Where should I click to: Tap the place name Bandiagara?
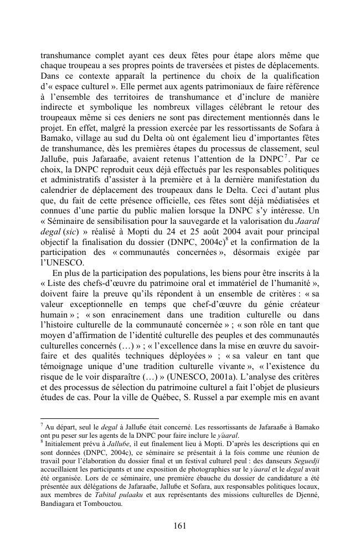coord(62,505)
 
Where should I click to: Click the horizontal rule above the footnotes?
coord(100,418)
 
